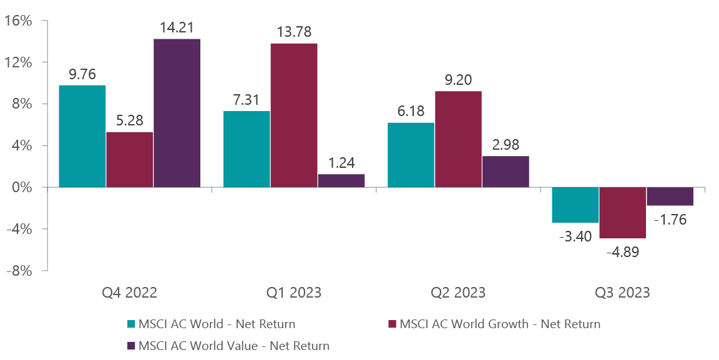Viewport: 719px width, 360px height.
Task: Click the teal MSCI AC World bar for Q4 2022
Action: [x=82, y=136]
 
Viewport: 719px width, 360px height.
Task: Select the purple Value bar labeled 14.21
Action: [x=177, y=113]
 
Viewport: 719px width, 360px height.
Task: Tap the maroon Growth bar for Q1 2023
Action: [x=294, y=115]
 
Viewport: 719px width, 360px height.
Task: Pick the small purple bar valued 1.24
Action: [x=341, y=180]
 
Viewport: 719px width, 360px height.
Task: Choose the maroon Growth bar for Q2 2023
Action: [x=458, y=139]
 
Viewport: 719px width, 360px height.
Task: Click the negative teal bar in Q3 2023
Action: [x=575, y=205]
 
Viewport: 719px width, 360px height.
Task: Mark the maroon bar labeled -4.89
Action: [x=622, y=213]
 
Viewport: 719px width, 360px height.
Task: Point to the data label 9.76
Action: [x=82, y=74]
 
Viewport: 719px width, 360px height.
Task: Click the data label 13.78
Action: [x=294, y=32]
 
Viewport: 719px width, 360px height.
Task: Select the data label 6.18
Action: [x=411, y=111]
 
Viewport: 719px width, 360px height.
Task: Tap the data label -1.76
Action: [x=670, y=220]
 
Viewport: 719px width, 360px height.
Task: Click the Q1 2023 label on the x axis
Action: [x=294, y=292]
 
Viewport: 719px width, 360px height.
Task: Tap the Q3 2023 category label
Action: [x=622, y=292]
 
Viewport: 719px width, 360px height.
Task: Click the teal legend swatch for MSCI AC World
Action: [x=131, y=324]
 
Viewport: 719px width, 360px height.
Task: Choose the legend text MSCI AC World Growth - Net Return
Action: [x=499, y=324]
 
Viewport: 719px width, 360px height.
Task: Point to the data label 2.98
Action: [x=505, y=145]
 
